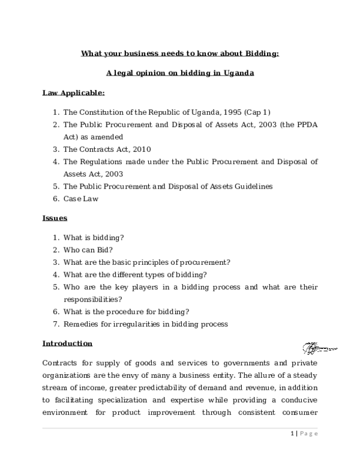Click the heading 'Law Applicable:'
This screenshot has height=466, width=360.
pos(74,93)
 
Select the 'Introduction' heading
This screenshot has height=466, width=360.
pos(67,343)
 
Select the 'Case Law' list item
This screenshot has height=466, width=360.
pos(81,199)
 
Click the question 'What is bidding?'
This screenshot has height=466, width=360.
pos(94,237)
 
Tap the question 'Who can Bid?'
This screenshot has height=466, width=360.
pos(88,250)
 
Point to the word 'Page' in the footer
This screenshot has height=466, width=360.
pos(309,433)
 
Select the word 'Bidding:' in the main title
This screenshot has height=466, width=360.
pos(262,53)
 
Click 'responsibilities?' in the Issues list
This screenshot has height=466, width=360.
pos(92,299)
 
